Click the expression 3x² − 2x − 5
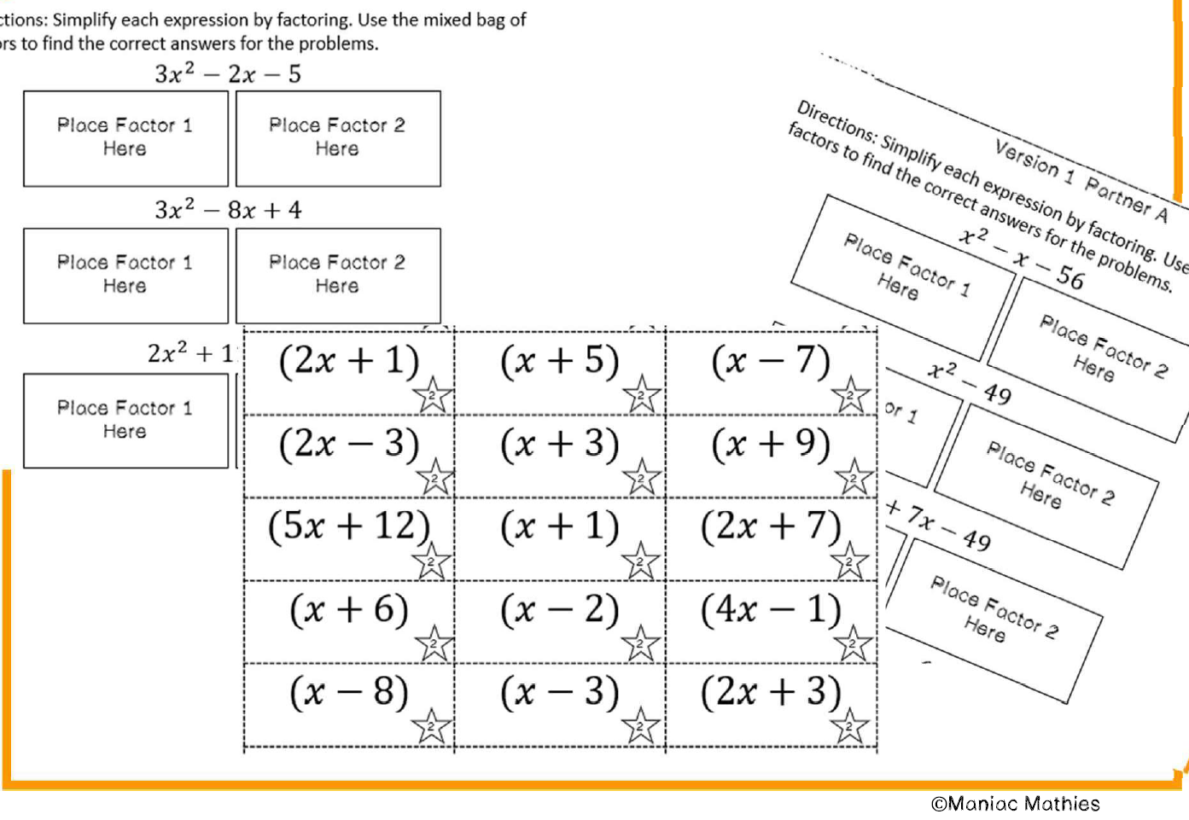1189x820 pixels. (x=228, y=74)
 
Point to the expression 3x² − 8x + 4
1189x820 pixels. (x=228, y=210)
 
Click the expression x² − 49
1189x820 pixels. (x=970, y=381)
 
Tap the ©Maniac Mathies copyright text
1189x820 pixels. (x=1015, y=804)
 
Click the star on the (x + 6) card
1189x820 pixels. (x=434, y=644)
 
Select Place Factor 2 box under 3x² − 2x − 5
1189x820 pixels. (x=338, y=138)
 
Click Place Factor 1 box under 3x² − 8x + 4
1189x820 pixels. (x=125, y=275)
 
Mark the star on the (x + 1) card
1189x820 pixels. (x=640, y=561)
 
